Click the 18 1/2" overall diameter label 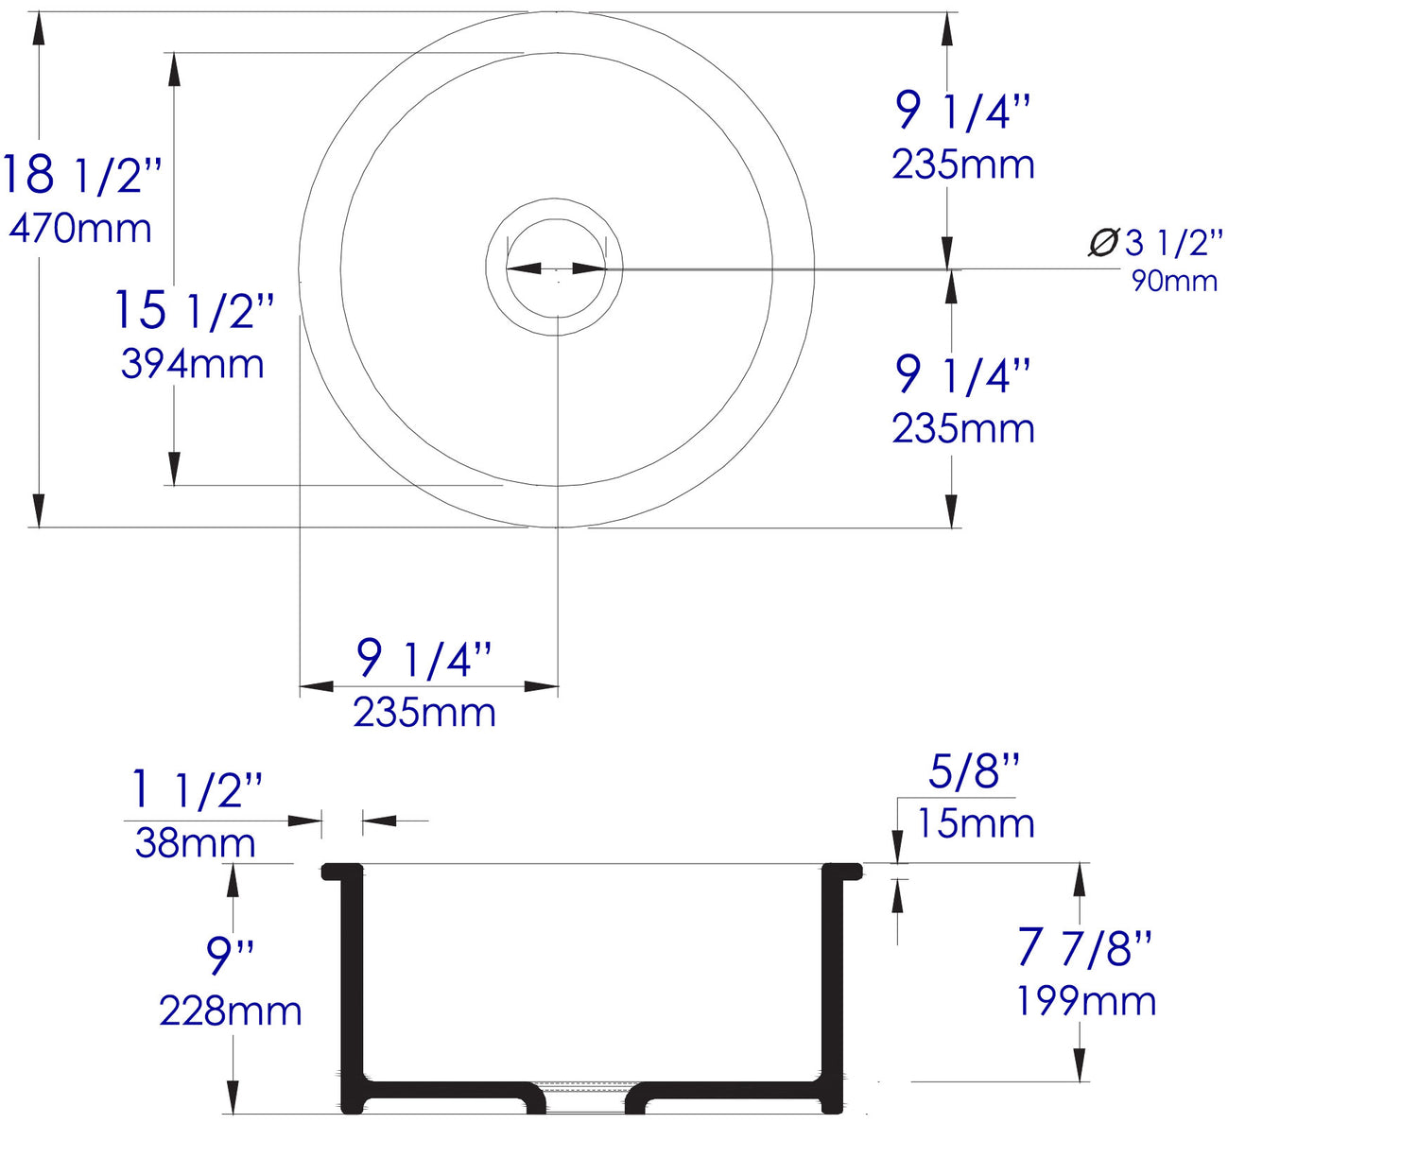click(81, 175)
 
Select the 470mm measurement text click(80, 229)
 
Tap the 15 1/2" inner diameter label click(194, 310)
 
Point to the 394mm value click(192, 365)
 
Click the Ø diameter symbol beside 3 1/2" click(1102, 243)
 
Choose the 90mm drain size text click(1174, 281)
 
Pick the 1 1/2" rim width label click(196, 789)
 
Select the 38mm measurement click(195, 843)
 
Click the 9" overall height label click(230, 956)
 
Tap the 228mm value click(230, 1011)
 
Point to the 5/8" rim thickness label click(974, 771)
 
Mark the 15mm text click(976, 823)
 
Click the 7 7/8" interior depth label click(1084, 947)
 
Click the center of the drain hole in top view click(556, 268)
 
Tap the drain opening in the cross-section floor click(586, 1097)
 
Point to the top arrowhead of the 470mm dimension click(39, 28)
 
